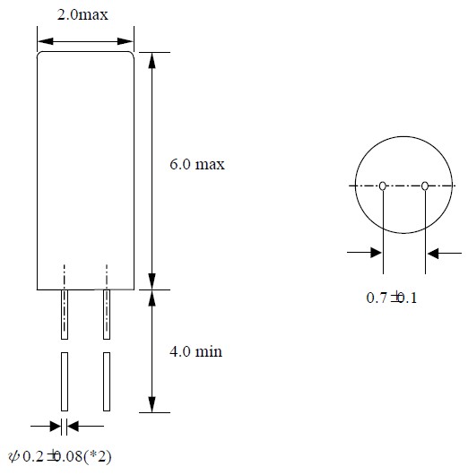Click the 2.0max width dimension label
[x=82, y=14]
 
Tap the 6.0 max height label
[x=197, y=164]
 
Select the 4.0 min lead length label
[x=195, y=351]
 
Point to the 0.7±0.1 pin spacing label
[x=391, y=298]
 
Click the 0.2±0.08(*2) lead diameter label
[x=60, y=456]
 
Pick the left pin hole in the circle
[x=383, y=186]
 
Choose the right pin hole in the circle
[x=425, y=186]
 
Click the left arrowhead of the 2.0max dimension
[x=46, y=41]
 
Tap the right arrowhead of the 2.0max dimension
[x=126, y=41]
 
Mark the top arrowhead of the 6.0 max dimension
[x=152, y=60]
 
